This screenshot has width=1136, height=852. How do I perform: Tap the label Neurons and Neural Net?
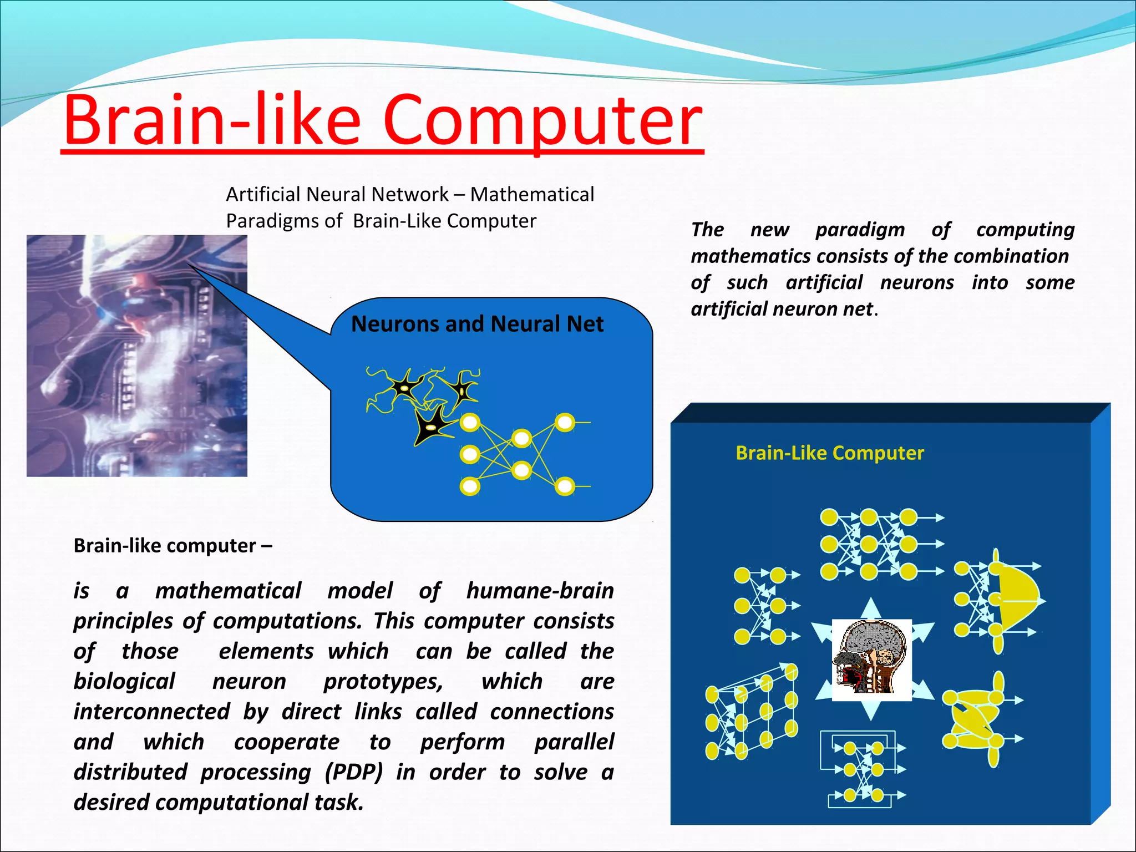(477, 324)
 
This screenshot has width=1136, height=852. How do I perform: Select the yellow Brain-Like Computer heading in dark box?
(829, 453)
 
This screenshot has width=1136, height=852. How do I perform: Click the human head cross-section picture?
(871, 660)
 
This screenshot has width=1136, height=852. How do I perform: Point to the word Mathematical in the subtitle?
(532, 194)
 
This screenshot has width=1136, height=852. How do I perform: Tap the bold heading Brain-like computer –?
(173, 546)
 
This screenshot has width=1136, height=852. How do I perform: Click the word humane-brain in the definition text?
(540, 591)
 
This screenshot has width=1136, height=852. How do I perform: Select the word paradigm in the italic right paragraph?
(860, 230)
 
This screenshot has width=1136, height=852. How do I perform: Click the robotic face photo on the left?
(136, 356)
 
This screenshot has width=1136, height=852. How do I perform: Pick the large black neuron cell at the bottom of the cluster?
(433, 425)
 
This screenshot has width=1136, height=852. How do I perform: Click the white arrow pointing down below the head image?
(871, 711)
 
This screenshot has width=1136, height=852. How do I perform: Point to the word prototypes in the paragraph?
(383, 682)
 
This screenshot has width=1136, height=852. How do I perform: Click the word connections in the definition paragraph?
(551, 712)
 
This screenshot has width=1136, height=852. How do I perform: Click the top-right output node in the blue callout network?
(565, 423)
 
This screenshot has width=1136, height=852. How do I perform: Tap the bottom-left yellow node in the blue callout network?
(470, 487)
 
